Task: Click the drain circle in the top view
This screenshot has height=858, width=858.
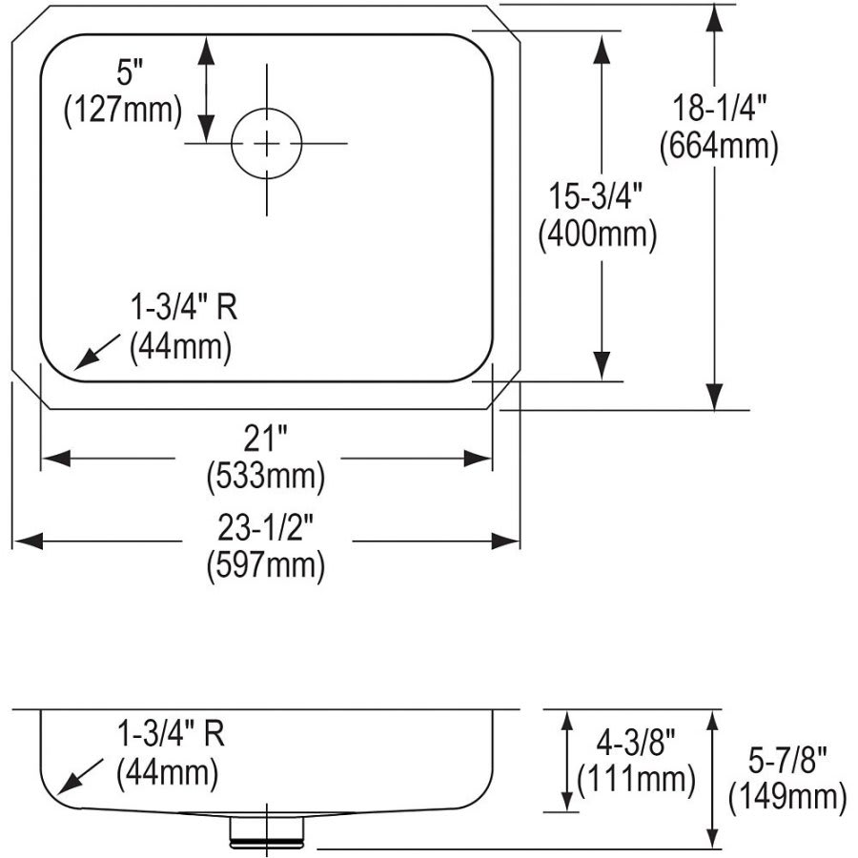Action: coord(267,143)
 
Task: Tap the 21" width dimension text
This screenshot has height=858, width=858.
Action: coord(265,439)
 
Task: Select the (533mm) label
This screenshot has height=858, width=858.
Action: coord(265,476)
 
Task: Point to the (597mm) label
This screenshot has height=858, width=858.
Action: coord(265,564)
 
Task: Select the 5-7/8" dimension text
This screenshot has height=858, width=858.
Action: coord(786,760)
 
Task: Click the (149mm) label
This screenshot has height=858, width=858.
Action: coord(786,797)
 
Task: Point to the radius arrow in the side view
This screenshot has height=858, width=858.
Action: coord(80,775)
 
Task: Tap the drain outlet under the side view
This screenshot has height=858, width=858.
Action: coord(266,832)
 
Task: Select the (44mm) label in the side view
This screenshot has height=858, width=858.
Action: coord(167,770)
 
